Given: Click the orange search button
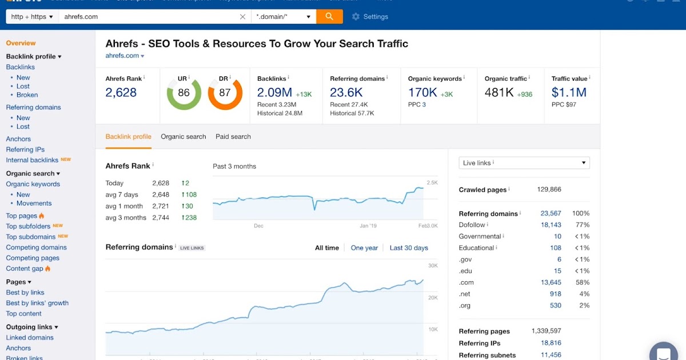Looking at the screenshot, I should coord(329,17).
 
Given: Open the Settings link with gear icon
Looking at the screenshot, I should coord(370,17).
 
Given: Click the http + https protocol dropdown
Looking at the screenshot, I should coord(33,17).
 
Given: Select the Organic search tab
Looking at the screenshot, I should coord(184,137).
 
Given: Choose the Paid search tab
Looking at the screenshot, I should coord(233,137).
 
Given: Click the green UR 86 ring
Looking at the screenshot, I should coord(184,93).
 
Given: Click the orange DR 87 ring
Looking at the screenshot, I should coord(225,93).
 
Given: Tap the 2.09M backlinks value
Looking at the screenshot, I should coord(274,93).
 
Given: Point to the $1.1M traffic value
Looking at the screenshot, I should coord(569,93).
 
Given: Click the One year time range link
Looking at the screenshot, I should coord(364,248).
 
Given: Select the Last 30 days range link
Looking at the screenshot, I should coord(409,248).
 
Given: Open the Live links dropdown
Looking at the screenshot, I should coord(524,163).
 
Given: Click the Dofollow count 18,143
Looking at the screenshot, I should coord(551,225).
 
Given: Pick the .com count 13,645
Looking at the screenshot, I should coord(551,282).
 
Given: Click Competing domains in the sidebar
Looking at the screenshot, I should coord(36,247).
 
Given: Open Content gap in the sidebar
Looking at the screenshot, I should coord(25,269).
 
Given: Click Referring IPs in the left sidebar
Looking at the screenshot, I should coord(25,150).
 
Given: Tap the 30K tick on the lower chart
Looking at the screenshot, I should coord(433,266).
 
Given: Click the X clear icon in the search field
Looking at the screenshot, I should coord(242,17).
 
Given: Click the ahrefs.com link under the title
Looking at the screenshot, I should coord(122,55).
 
